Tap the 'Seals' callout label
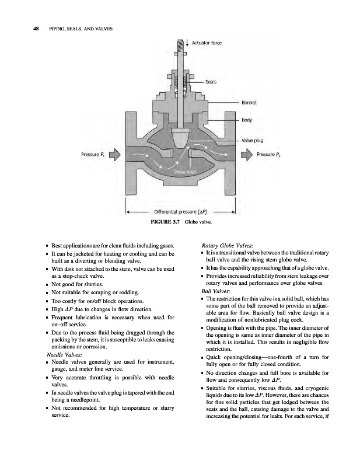tap(211, 82)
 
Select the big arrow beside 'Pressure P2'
tap(246, 155)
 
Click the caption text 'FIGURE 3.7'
tap(163, 222)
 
